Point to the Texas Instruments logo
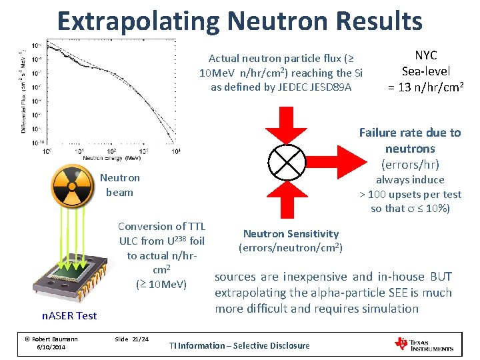[x=424, y=344]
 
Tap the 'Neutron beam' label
[x=119, y=185]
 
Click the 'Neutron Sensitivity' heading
[x=291, y=233]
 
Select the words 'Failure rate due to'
[x=410, y=132]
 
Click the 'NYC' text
[x=426, y=56]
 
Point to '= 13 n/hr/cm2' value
[x=426, y=86]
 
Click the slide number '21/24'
[x=140, y=339]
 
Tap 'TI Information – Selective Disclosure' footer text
[x=239, y=345]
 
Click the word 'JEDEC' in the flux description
[x=308, y=87]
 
